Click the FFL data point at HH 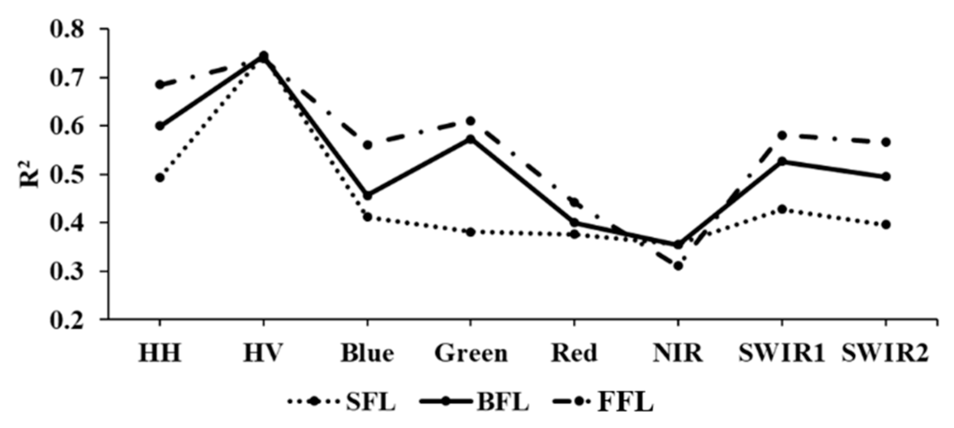160,85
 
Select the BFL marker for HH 160,126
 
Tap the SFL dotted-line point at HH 160,178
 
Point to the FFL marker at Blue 368,145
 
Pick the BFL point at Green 471,139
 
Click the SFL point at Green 471,232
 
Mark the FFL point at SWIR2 885,142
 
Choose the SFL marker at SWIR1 782,209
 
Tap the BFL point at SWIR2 885,177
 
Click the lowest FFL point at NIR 678,266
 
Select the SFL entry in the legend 370,402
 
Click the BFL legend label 503,402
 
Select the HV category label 263,353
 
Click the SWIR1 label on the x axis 781,353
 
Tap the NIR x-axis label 678,353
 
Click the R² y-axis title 29,173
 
